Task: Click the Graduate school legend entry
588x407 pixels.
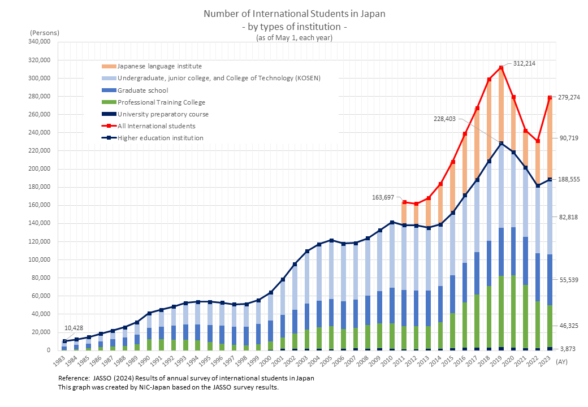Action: click(142, 90)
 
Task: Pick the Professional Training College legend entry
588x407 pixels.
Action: click(161, 102)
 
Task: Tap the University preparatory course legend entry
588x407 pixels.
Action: click(163, 114)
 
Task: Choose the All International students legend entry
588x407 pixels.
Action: click(156, 126)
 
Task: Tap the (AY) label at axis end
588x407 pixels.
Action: click(563, 361)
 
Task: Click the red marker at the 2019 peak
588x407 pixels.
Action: click(501, 68)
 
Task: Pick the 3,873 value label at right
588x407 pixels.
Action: click(567, 350)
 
